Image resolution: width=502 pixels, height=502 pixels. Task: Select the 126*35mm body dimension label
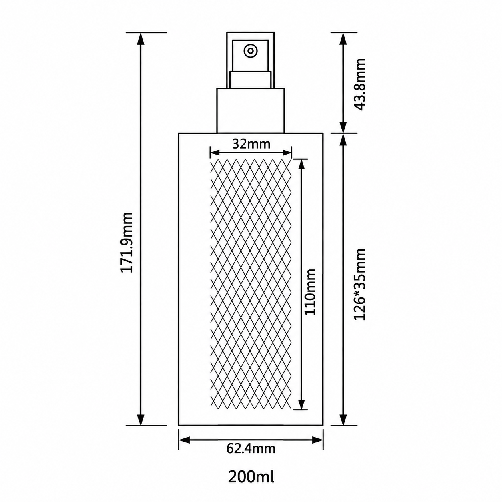[360, 284]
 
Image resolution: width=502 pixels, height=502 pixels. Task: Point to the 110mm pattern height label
[310, 292]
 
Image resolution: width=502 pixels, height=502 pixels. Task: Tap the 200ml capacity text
[251, 476]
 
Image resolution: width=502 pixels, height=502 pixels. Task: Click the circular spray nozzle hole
[250, 50]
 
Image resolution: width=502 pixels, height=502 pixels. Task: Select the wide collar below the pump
[251, 111]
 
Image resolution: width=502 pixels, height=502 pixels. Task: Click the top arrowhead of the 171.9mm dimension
[141, 39]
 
